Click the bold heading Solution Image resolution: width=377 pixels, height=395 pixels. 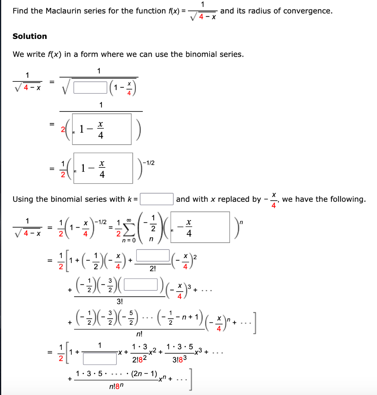click(30, 36)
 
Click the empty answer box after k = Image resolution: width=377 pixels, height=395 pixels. click(157, 199)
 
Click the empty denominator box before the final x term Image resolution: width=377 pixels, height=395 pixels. click(100, 359)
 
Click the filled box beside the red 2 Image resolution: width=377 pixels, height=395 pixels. click(101, 129)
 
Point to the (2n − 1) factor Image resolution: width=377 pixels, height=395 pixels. click(144, 373)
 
